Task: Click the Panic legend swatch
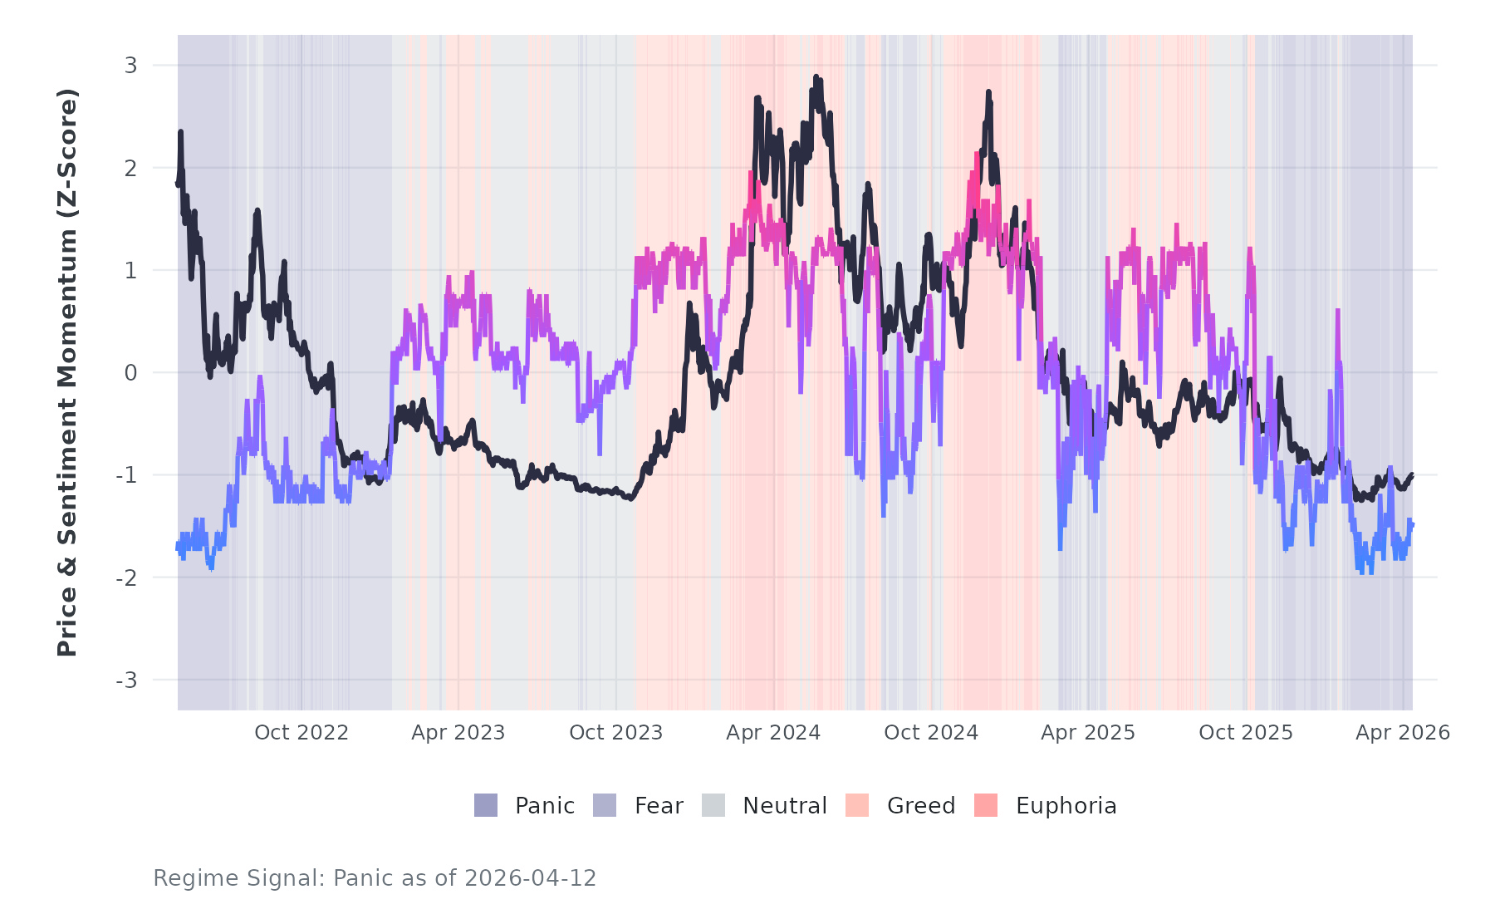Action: pos(486,805)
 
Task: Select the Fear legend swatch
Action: pos(605,805)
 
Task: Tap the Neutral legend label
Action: pos(784,806)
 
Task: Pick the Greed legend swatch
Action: pos(857,805)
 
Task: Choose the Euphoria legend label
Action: pos(1066,806)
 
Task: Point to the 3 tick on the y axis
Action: pos(130,65)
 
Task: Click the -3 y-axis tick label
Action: pos(126,681)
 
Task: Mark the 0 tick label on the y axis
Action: pos(130,373)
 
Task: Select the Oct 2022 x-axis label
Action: pos(301,733)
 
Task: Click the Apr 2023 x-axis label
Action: pos(458,733)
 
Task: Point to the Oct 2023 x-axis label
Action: pos(615,733)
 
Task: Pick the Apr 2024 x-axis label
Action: pos(773,733)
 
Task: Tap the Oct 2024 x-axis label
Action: pos(931,733)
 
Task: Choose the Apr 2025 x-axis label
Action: pos(1088,733)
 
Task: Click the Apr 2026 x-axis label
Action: pos(1403,733)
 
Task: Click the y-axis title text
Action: pos(67,372)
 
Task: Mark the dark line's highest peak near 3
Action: pos(816,77)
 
